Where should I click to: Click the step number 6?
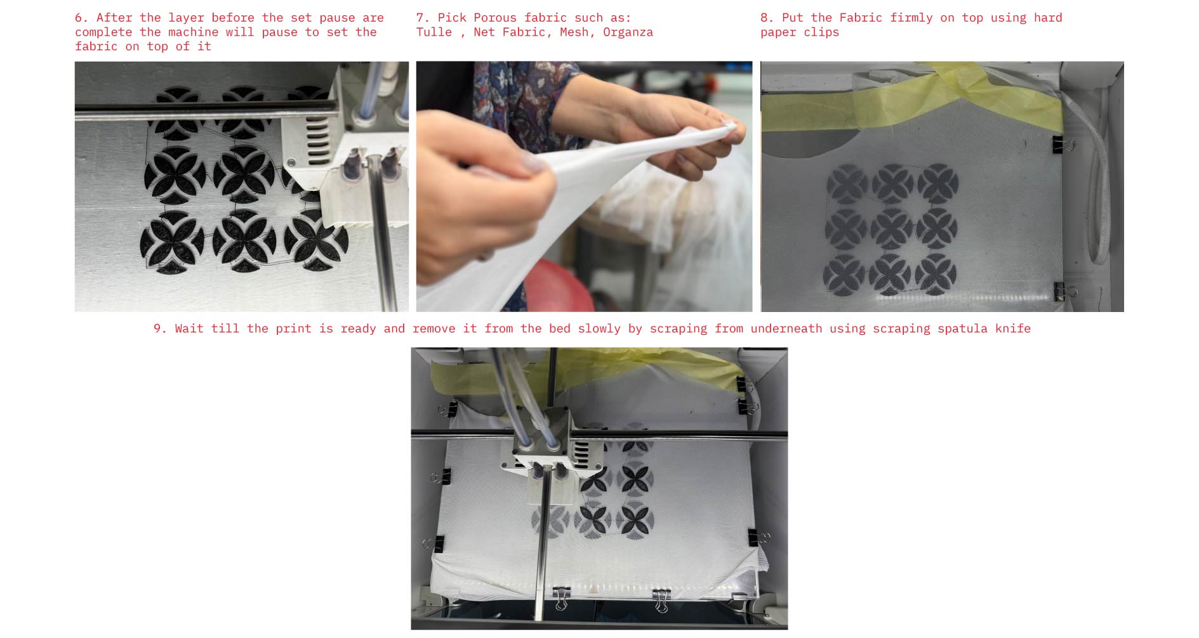point(81,18)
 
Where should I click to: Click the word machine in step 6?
point(189,32)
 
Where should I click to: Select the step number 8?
point(767,18)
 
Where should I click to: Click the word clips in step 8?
point(821,32)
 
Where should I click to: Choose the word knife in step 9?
point(1013,329)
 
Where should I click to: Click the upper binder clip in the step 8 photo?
point(1061,145)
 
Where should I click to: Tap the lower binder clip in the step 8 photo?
point(1063,292)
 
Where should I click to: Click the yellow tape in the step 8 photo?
point(911,98)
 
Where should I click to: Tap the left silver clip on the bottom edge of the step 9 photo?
point(560,597)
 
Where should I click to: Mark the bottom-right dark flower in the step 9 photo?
point(635,520)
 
